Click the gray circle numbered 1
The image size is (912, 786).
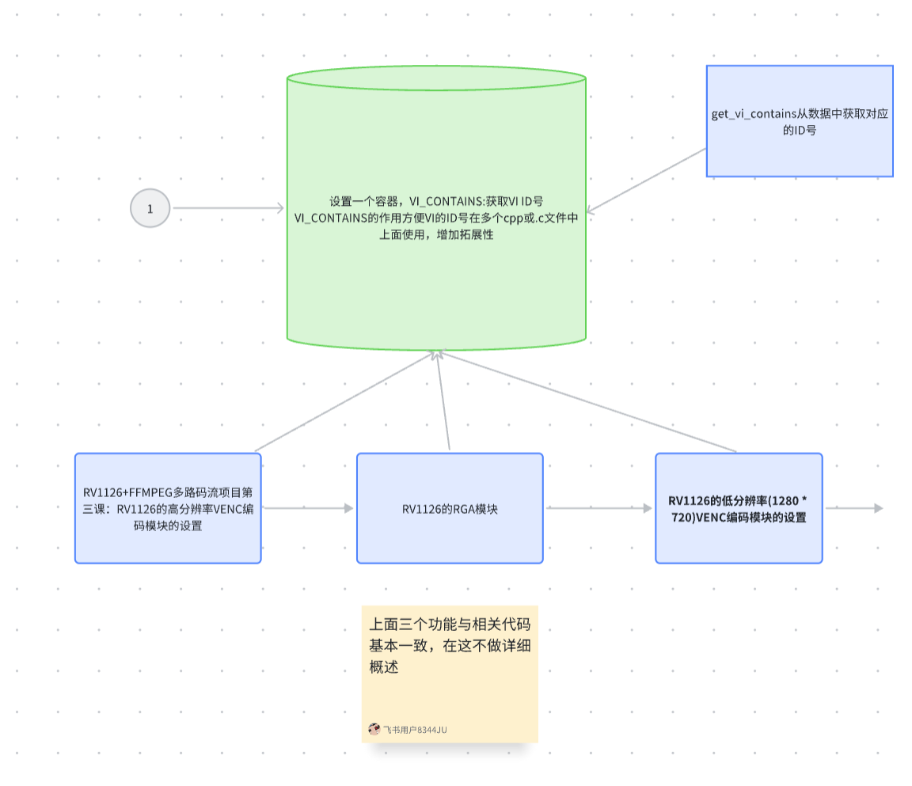tap(150, 208)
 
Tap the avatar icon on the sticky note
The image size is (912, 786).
tap(374, 729)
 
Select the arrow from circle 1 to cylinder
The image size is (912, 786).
tap(228, 208)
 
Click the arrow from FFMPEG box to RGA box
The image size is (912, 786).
tap(309, 508)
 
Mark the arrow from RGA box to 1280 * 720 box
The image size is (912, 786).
tap(598, 508)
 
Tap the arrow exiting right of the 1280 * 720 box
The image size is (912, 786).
tap(853, 508)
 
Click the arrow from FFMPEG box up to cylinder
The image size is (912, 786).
tap(344, 401)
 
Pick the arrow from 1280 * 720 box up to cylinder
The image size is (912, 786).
tap(586, 401)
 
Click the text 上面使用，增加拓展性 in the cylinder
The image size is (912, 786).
tap(436, 234)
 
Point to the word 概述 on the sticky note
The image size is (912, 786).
tap(383, 666)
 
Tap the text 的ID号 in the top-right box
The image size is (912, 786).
tap(800, 131)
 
